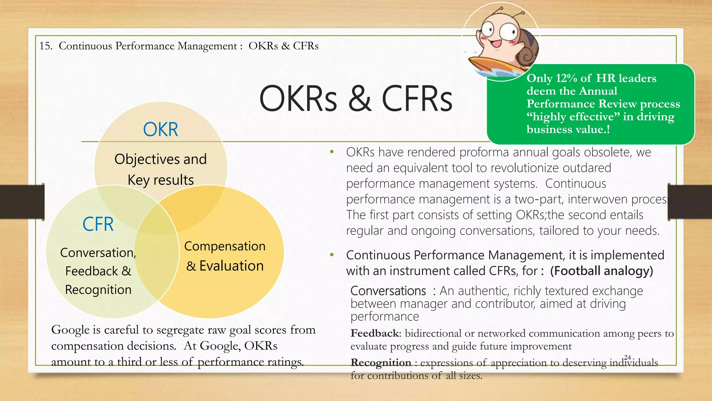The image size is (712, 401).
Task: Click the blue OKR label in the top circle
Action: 160,129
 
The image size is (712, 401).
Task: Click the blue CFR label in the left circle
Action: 98,224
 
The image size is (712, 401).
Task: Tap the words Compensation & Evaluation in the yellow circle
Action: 225,256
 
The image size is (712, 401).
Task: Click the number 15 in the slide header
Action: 45,46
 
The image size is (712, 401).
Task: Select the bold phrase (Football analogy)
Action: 601,271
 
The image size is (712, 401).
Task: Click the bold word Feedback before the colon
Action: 375,333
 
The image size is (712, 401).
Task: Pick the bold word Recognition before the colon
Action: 381,363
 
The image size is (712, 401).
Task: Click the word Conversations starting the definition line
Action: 388,291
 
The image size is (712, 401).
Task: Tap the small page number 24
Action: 628,357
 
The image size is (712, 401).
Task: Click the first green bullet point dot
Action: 332,152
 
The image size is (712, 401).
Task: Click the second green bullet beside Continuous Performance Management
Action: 332,255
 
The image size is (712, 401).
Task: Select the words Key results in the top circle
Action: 161,180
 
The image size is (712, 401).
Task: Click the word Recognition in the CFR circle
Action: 98,290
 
